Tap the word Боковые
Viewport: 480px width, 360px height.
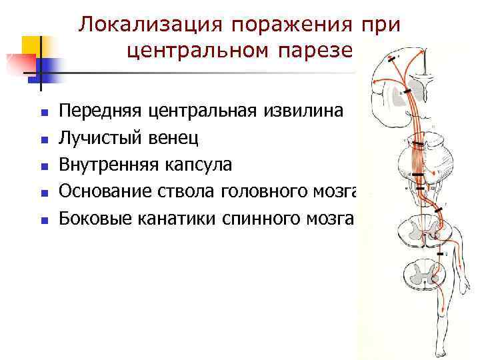96,219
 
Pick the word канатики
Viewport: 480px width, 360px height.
173,219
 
